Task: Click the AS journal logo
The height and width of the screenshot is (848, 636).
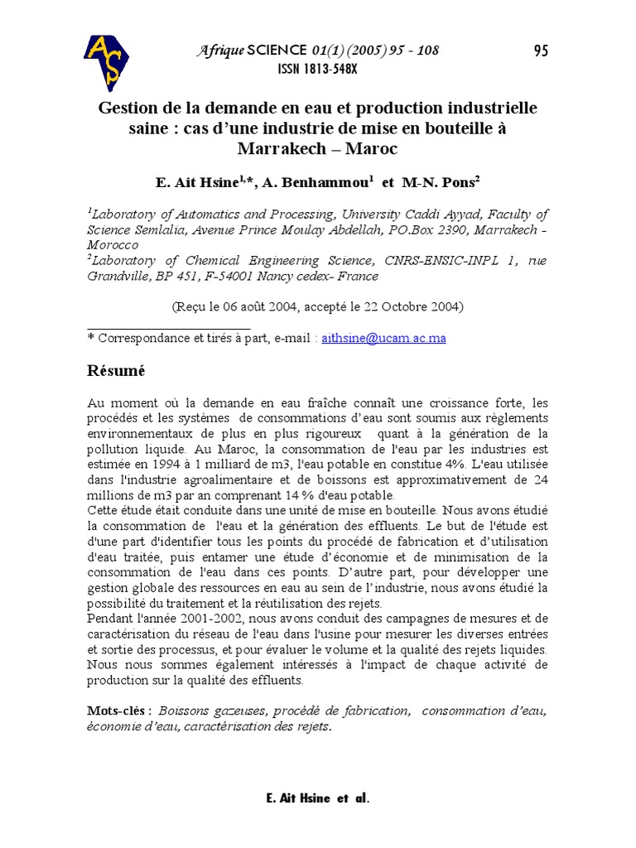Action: (x=106, y=61)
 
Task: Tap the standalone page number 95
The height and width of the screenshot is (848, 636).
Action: (x=541, y=51)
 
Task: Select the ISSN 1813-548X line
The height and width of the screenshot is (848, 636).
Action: (x=317, y=70)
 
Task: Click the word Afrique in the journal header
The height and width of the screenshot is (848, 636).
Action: (x=220, y=51)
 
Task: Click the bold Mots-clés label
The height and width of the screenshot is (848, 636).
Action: (x=119, y=711)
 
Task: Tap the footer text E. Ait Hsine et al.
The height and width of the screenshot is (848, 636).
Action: (x=318, y=798)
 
